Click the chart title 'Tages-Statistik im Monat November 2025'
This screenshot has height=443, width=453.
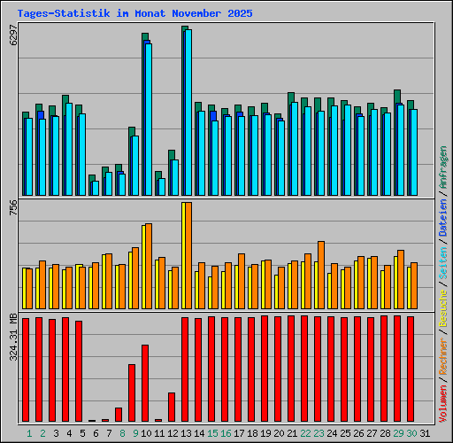[x=134, y=14]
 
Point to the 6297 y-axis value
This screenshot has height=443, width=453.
[x=12, y=39]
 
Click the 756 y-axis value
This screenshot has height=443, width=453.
[x=12, y=208]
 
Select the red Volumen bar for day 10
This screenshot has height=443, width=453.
[x=145, y=383]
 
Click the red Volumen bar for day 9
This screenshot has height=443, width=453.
[x=132, y=392]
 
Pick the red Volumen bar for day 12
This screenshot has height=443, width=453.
[x=172, y=407]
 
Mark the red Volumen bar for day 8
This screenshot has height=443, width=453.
[x=119, y=414]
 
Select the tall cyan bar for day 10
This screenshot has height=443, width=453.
[x=148, y=119]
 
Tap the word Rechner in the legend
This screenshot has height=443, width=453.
[x=443, y=358]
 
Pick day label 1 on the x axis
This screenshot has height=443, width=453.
[x=29, y=433]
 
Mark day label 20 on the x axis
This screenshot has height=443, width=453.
[x=278, y=433]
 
